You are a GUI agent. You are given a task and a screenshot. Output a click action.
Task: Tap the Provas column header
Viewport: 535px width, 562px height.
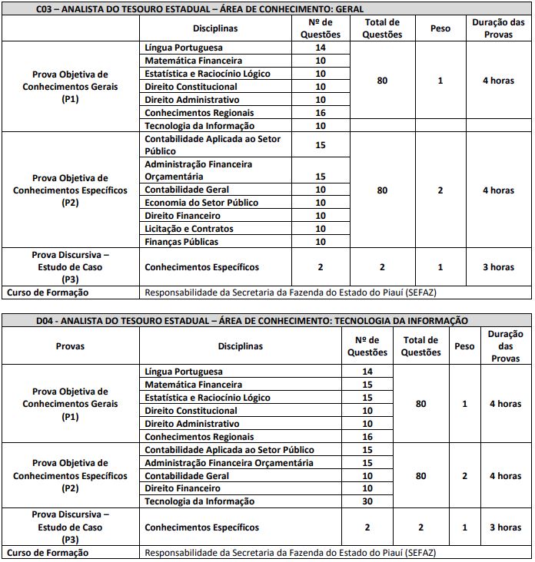(x=70, y=345)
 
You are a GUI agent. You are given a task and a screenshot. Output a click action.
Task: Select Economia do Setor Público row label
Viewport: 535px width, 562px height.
(x=201, y=203)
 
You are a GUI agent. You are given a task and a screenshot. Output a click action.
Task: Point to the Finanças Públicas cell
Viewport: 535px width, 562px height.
(x=181, y=242)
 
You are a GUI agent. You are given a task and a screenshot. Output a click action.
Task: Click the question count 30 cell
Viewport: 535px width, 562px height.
(x=367, y=501)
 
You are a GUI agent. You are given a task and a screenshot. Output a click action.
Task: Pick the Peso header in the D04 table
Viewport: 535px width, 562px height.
(x=464, y=345)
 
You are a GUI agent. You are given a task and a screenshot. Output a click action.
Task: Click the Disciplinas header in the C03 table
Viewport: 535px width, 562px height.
(x=215, y=28)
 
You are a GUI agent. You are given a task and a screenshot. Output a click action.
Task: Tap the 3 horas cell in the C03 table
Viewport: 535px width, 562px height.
(x=498, y=267)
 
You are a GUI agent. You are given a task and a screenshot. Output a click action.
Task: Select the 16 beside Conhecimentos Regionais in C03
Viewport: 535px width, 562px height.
(x=321, y=112)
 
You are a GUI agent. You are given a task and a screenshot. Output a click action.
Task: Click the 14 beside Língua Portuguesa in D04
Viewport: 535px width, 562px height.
(x=367, y=372)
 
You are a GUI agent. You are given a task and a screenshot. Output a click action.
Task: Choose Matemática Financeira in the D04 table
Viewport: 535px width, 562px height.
(x=193, y=385)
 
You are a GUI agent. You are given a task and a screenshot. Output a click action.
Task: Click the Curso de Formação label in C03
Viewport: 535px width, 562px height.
(x=48, y=293)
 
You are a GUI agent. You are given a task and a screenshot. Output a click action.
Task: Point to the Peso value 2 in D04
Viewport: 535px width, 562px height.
(x=464, y=476)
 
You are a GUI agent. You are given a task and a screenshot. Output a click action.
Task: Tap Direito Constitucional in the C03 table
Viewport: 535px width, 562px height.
(x=191, y=86)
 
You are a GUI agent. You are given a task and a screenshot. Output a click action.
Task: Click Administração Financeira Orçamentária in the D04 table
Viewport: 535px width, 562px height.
(x=229, y=463)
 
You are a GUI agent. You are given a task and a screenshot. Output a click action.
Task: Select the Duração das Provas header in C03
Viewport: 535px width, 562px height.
(x=498, y=28)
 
